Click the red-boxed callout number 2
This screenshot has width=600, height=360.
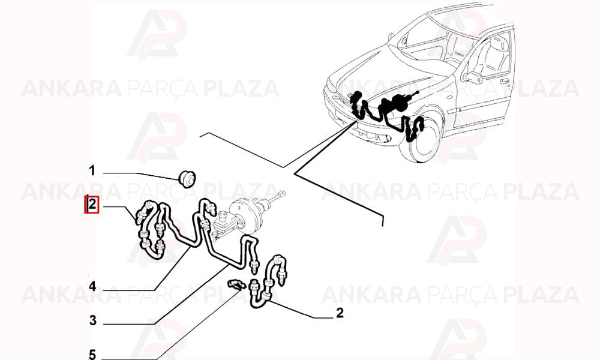coord(92,204)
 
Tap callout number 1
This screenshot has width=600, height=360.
coord(92,170)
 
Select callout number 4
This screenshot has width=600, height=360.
coord(92,286)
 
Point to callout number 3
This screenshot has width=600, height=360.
coord(92,320)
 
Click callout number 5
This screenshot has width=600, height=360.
coord(92,354)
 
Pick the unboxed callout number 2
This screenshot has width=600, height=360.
coord(340,313)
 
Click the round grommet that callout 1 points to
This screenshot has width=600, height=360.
coord(187,179)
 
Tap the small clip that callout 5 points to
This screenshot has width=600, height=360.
coord(235,284)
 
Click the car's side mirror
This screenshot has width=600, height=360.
coord(473,77)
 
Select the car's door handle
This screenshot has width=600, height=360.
coord(504,82)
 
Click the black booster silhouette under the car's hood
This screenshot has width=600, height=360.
coord(399,101)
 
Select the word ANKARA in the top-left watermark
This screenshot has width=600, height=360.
coord(71,88)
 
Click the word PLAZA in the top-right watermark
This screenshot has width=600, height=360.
coord(541,88)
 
